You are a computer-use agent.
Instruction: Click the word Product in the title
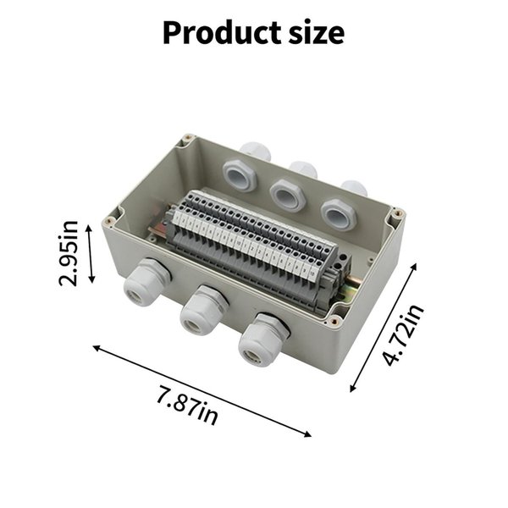coord(222,33)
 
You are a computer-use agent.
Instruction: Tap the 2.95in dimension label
coord(69,253)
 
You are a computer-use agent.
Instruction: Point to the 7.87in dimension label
coord(187,406)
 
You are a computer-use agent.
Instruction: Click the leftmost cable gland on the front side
coord(146,282)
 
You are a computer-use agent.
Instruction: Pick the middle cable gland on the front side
coord(203,310)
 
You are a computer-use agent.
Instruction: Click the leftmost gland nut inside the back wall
coord(240,176)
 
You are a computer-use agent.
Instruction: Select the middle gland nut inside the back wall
coord(288,196)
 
